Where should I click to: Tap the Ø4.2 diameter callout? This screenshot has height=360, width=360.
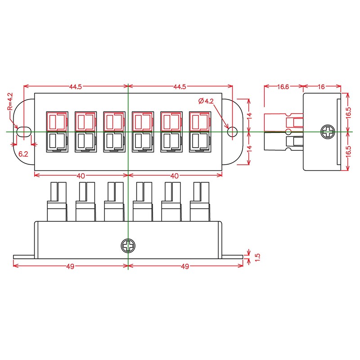[206, 101]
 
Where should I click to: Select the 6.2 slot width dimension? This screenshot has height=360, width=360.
[23, 154]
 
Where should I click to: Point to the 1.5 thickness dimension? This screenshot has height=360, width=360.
[257, 256]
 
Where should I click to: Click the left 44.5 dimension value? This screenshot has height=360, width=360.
[75, 87]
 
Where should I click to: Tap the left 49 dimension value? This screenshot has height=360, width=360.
[70, 266]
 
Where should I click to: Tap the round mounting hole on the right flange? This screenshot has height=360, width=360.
[232, 131]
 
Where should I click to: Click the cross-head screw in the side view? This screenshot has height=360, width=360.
[328, 132]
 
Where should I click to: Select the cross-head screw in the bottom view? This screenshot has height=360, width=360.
[128, 246]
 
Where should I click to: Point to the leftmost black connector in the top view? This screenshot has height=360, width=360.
[56, 141]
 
